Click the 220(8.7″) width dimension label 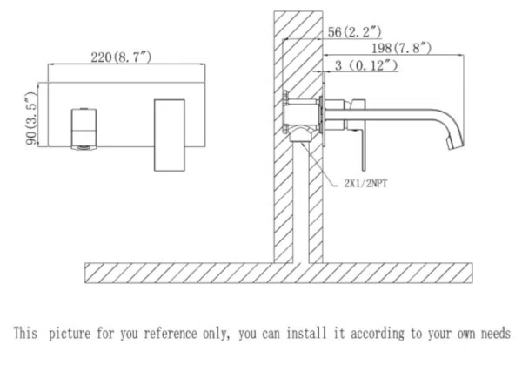click(x=121, y=57)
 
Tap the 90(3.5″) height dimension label click(x=31, y=118)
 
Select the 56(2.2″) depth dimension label click(x=355, y=32)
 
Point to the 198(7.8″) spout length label click(x=401, y=48)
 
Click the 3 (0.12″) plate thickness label click(x=366, y=65)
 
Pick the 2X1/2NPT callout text click(x=365, y=183)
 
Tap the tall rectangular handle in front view click(x=169, y=135)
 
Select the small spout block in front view click(x=84, y=128)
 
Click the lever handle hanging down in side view click(x=364, y=150)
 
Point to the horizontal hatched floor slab click(x=278, y=273)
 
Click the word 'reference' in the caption click(x=171, y=334)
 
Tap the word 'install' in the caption click(x=306, y=333)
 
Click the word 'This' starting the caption click(x=25, y=333)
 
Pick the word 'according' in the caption click(x=378, y=334)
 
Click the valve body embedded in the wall click(x=300, y=113)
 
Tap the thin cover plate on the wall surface click(x=324, y=110)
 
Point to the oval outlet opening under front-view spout click(x=84, y=146)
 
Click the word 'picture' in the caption click(x=70, y=334)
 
